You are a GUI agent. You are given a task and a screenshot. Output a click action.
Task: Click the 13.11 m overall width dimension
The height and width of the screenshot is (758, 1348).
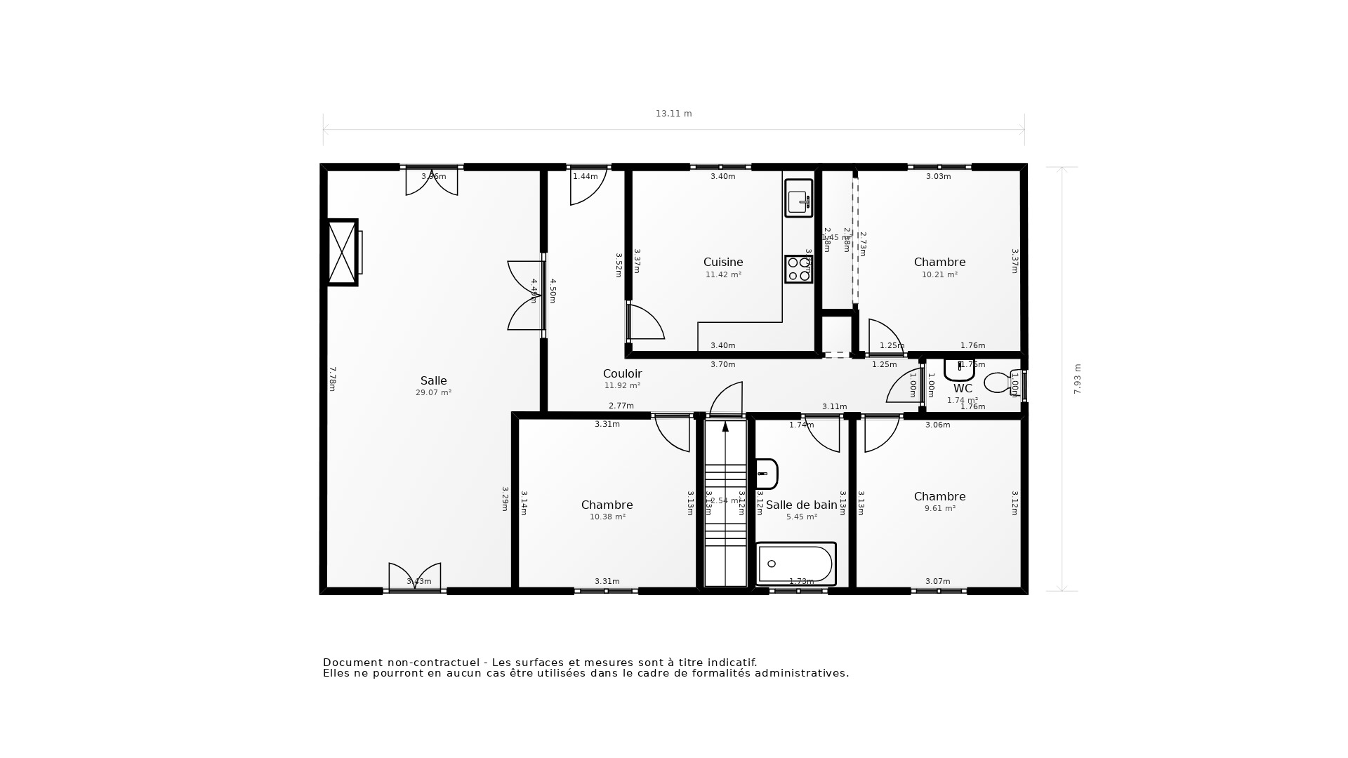[x=673, y=114]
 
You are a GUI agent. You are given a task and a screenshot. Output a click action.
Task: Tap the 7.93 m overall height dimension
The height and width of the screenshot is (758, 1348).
[x=1078, y=379]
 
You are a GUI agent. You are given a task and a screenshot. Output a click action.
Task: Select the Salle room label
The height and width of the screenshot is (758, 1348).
[x=433, y=380]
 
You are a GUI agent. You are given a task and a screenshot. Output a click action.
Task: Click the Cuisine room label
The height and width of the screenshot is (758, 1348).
[x=722, y=262]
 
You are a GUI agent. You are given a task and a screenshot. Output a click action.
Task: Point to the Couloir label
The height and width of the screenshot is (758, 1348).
[x=622, y=373]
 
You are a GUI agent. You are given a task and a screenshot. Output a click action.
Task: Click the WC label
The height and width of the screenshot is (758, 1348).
[x=963, y=388]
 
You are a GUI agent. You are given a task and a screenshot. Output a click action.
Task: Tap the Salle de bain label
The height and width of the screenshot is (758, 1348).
[x=801, y=505]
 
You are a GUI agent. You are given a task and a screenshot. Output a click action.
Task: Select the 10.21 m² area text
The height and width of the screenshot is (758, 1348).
[x=939, y=274]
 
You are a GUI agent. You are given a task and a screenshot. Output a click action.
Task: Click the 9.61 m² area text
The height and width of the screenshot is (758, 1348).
[x=939, y=508]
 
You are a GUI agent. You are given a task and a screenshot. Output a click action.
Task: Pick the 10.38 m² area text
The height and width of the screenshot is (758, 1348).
[x=607, y=517]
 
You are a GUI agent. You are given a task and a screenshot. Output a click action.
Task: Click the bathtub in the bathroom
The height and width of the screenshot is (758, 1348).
[x=795, y=564]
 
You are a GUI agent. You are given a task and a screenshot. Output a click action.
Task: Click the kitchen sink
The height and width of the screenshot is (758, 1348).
[x=798, y=199]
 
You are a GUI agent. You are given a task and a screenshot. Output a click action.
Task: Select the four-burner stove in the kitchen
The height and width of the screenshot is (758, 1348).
[x=798, y=269]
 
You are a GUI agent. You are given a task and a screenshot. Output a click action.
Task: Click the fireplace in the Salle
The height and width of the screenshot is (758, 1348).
[x=343, y=252]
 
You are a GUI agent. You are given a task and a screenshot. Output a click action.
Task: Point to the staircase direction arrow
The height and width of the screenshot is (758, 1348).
[x=725, y=427]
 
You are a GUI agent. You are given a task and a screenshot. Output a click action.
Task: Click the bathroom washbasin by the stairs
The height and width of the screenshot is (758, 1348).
[x=766, y=474]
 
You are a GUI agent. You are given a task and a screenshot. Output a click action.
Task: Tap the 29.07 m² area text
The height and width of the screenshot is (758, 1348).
[x=433, y=392]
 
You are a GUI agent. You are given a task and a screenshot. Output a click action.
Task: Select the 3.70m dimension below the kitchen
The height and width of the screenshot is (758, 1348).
[x=722, y=364]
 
